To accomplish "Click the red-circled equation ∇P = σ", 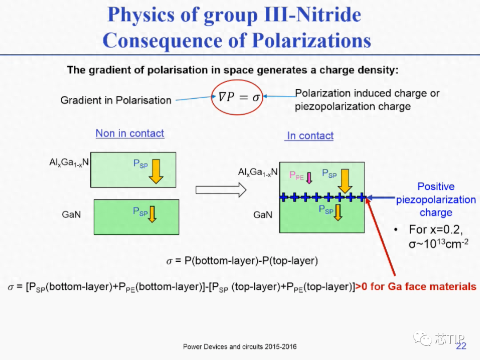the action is coord(239,97).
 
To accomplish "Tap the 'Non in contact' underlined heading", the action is coord(130,133).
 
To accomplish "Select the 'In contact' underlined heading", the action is coord(310,136).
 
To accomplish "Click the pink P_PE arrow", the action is coord(309,177).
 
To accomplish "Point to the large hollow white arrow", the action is coord(221,190).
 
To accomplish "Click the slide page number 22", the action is coord(461,346).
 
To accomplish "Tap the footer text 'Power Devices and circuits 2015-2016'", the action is coord(240,347).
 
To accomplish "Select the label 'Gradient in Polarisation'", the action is coord(116,100).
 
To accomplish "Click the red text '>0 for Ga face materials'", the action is coord(416,287).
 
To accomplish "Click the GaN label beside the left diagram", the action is coord(71,214).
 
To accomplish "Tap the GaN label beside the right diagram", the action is coord(263,215).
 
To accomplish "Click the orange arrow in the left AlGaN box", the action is coord(156,171).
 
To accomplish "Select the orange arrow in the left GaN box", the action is coord(152,214).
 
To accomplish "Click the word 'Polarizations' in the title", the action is coord(312,40).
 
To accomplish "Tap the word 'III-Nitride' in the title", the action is coord(312,15).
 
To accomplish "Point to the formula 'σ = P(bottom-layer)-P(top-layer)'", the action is coord(242,261).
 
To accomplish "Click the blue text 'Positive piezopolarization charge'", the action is coord(436,200).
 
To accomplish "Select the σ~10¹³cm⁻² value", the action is coord(438,244).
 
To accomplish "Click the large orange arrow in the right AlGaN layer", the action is coord(345,181).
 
